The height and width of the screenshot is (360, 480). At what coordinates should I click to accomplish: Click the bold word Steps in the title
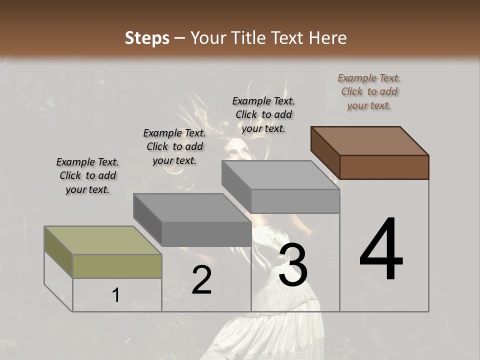coord(147,38)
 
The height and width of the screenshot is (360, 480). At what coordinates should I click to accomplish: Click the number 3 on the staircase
coord(293,265)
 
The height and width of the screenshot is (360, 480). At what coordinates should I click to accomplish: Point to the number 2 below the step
coord(201,280)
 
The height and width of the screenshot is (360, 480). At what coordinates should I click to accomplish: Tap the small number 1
coord(115,295)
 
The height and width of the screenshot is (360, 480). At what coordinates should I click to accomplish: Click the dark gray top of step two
coord(192,207)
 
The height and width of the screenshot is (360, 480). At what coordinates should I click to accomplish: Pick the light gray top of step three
coord(280,175)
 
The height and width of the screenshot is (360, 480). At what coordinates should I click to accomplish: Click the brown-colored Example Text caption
coord(369,91)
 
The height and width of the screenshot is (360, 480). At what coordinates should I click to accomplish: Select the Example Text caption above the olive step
coord(87,175)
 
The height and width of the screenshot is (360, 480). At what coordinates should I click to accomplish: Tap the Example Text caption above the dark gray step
coord(174,146)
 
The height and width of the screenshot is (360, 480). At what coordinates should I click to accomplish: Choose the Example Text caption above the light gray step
coord(263,114)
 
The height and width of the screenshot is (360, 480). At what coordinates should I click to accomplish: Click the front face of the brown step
coord(384,167)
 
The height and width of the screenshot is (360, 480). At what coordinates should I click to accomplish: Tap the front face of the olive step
coord(117,266)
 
